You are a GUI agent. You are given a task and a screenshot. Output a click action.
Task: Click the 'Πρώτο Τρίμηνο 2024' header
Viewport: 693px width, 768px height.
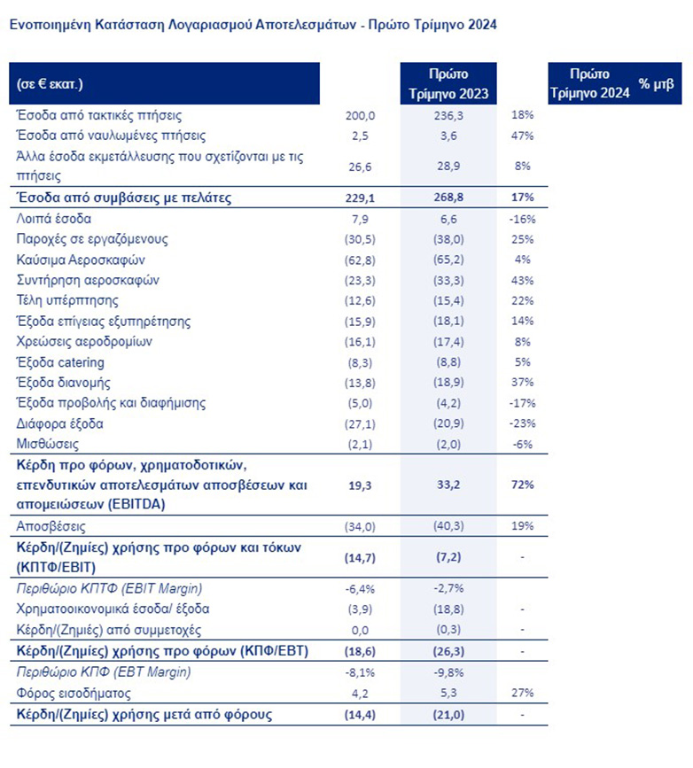pyautogui.click(x=588, y=84)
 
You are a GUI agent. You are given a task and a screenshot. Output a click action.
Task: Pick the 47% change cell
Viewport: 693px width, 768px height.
pyautogui.click(x=522, y=136)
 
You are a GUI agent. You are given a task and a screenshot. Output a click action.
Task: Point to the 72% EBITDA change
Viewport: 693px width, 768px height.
pyautogui.click(x=521, y=485)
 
